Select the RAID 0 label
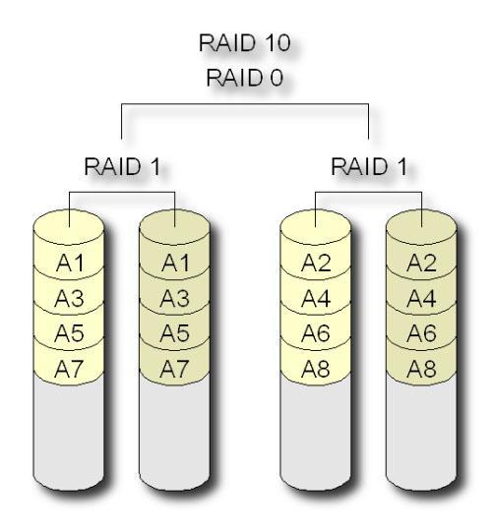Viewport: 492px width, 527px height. [245, 80]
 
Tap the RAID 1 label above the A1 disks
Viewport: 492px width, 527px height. [122, 168]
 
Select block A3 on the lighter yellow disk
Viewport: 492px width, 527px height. [68, 297]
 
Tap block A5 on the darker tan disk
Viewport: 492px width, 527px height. [174, 333]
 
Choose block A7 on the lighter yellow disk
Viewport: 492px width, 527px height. [68, 370]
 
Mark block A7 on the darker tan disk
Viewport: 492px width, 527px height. [174, 370]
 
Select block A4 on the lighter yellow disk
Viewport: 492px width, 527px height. [316, 297]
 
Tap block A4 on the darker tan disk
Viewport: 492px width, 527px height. [422, 297]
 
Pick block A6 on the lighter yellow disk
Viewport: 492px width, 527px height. [316, 333]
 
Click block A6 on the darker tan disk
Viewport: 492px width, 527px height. [422, 333]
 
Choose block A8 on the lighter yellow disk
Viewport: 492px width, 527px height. [316, 370]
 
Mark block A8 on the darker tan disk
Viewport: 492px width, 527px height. [422, 370]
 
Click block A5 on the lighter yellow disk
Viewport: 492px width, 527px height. [68, 333]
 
